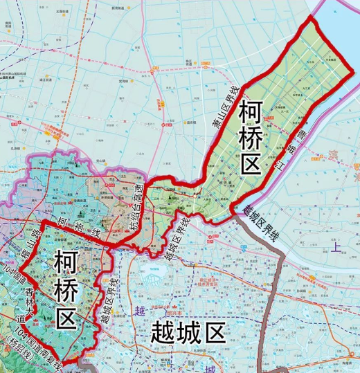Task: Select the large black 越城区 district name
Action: click(x=188, y=334)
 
